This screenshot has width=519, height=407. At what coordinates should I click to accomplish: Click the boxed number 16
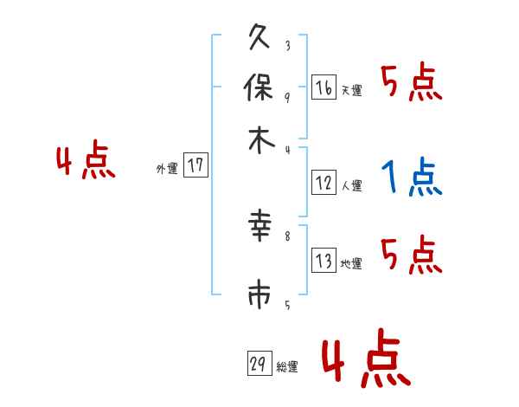(324, 88)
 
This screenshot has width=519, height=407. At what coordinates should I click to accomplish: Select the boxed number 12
(324, 183)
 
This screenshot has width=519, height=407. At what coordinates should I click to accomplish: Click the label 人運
(351, 185)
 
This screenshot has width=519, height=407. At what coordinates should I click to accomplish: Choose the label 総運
(286, 367)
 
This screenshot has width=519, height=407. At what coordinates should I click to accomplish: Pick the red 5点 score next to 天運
(411, 84)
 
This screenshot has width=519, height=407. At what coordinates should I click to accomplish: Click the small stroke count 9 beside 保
(287, 97)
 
